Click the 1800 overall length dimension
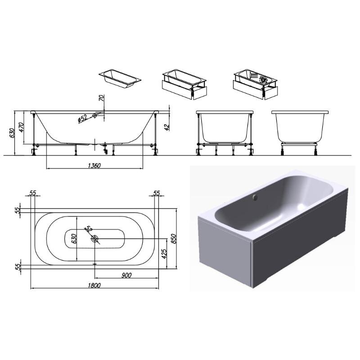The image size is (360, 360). (94, 285)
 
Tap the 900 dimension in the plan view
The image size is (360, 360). (126, 275)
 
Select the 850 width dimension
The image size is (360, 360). (173, 238)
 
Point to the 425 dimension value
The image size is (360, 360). (164, 253)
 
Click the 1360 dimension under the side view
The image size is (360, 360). (94, 166)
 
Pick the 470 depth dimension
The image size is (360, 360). (21, 127)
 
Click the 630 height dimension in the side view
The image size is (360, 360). (12, 133)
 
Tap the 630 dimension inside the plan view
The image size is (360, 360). (74, 239)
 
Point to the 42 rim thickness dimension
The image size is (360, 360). (167, 127)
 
